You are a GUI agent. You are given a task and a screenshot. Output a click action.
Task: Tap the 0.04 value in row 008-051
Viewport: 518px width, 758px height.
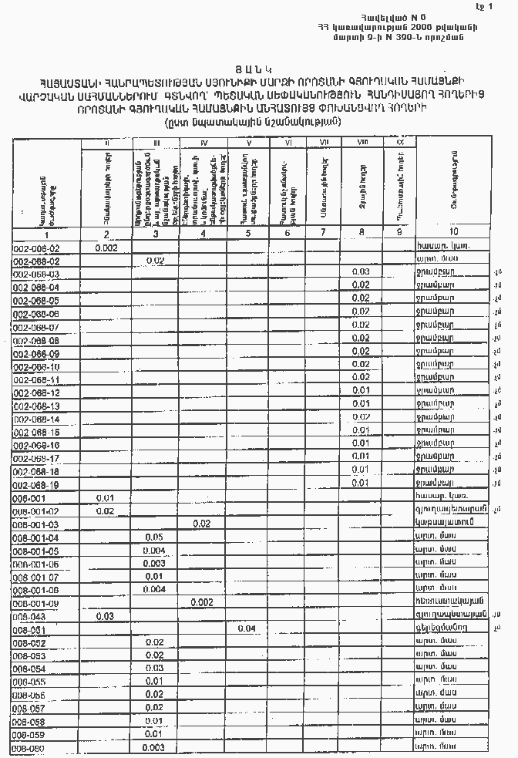(x=247, y=628)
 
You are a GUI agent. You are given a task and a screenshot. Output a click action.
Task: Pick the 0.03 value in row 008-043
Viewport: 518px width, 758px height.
(x=106, y=616)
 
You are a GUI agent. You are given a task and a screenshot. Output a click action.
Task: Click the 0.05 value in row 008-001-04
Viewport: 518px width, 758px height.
(x=154, y=537)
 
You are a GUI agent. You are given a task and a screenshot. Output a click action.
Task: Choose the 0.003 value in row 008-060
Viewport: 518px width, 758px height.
(x=154, y=747)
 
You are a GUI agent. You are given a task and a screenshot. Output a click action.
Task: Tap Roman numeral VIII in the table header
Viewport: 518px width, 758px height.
(x=362, y=142)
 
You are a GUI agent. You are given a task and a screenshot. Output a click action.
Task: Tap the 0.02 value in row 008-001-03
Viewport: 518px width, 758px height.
(x=202, y=524)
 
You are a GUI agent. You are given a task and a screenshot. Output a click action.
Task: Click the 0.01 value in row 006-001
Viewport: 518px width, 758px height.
(x=106, y=497)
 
